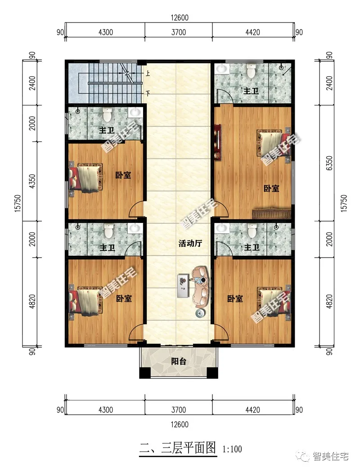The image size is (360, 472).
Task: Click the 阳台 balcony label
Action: pyautogui.click(x=179, y=361)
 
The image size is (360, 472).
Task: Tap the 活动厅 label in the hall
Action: pyautogui.click(x=190, y=243)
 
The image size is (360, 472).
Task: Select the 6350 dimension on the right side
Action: pyautogui.click(x=329, y=163)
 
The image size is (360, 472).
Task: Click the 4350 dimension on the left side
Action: pyautogui.click(x=32, y=181)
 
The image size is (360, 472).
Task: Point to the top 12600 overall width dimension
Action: pyautogui.click(x=180, y=18)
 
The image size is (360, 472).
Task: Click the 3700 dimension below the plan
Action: pyautogui.click(x=179, y=410)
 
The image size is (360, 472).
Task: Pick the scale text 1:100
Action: pyautogui.click(x=232, y=449)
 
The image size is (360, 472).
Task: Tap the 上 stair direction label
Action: pyautogui.click(x=148, y=73)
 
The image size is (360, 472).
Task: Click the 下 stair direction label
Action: pyautogui.click(x=148, y=93)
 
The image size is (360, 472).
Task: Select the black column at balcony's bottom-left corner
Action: pyautogui.click(x=144, y=373)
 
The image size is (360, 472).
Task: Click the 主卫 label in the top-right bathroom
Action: pyautogui.click(x=251, y=91)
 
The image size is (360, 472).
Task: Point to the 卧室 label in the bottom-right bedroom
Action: pyautogui.click(x=235, y=299)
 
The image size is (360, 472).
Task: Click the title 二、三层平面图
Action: pyautogui.click(x=178, y=448)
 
